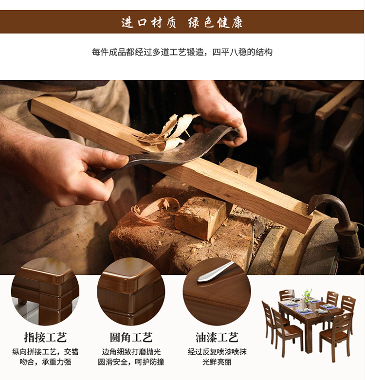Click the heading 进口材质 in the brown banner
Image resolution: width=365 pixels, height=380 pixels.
[x=148, y=22]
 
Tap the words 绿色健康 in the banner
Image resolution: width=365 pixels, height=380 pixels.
[x=215, y=22]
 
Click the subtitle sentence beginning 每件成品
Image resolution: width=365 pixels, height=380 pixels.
[x=182, y=52]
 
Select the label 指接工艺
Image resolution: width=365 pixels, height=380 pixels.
[x=45, y=337]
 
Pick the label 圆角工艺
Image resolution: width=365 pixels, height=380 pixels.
[x=131, y=337]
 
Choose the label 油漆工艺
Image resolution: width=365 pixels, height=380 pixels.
[x=217, y=337]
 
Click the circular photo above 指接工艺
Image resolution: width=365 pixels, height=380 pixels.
[x=45, y=292]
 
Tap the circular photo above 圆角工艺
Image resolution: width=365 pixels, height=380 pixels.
[x=131, y=292]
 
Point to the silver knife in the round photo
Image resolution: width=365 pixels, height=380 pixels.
[x=215, y=272]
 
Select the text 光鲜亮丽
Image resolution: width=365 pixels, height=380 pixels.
[x=217, y=362]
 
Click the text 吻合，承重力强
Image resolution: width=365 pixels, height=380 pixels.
[x=45, y=362]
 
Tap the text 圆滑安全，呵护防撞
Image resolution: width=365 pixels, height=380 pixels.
[x=131, y=362]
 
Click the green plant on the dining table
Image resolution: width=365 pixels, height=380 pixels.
[x=307, y=296]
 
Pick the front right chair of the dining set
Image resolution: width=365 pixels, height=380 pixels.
[x=335, y=334]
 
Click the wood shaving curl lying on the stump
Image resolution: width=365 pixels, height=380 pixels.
[x=155, y=209]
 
